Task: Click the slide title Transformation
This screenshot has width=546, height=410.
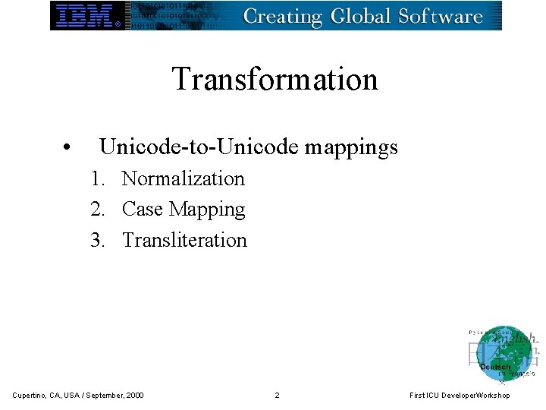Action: click(275, 79)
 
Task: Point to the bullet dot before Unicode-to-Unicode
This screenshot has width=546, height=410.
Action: click(67, 148)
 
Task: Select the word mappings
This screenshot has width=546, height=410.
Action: click(351, 148)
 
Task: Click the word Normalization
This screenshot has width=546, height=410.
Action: click(184, 179)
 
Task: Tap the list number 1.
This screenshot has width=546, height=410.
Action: click(96, 179)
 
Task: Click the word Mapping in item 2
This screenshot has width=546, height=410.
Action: click(207, 210)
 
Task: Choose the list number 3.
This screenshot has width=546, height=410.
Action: click(96, 241)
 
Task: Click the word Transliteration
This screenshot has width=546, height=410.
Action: click(184, 241)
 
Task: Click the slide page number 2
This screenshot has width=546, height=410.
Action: click(277, 395)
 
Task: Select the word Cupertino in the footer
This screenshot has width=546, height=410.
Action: click(30, 395)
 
